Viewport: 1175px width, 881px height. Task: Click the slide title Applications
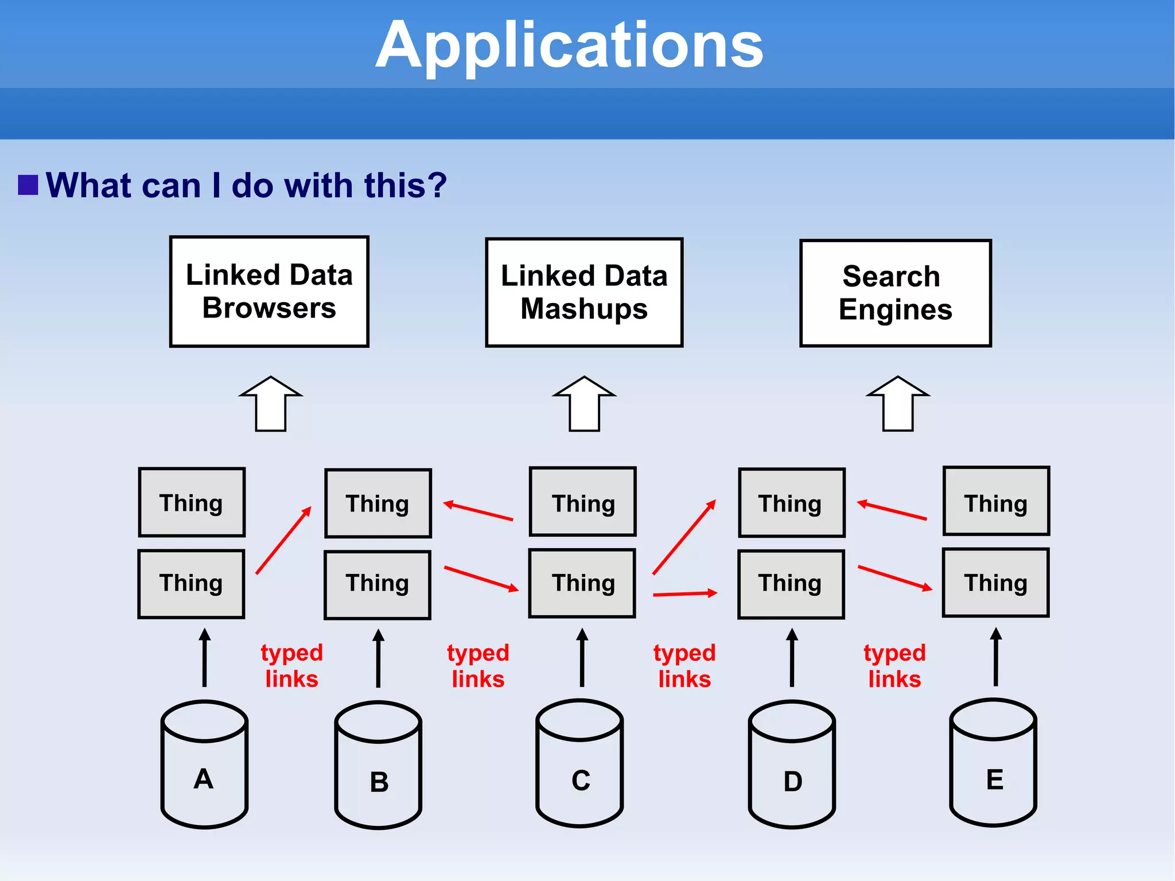[x=569, y=46]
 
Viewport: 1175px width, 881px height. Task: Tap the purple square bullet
[x=28, y=185]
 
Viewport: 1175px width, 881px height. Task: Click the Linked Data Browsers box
[x=269, y=292]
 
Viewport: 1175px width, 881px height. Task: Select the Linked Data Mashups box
[x=584, y=292]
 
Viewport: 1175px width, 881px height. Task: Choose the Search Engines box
[x=895, y=293]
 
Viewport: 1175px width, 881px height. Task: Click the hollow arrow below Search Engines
[x=898, y=404]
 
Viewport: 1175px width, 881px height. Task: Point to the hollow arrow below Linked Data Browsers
[x=271, y=404]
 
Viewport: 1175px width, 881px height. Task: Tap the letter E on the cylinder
[x=994, y=780]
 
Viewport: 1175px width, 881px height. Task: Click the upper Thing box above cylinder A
[x=192, y=502]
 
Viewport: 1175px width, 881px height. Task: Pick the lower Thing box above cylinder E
[x=995, y=583]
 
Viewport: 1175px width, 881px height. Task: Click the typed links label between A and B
[x=291, y=666]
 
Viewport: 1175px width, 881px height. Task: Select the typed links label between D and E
[x=894, y=666]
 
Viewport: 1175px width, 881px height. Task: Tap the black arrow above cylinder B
[x=378, y=658]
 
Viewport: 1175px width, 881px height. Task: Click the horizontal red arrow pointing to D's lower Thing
[x=685, y=593]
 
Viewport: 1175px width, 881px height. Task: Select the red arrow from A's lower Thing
[x=283, y=540]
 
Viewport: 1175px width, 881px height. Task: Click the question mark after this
[x=437, y=185]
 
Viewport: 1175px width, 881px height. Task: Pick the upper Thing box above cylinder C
[x=582, y=502]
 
